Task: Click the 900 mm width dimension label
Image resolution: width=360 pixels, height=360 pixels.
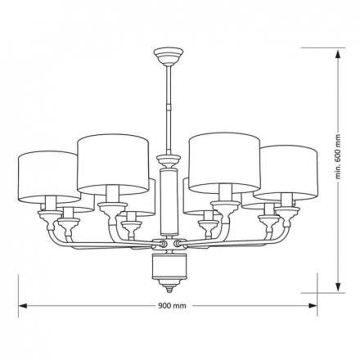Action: point(172,306)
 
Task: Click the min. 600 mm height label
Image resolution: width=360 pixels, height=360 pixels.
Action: point(339,156)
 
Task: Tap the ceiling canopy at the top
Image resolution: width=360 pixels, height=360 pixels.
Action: point(169,56)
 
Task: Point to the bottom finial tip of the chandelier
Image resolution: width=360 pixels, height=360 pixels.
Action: point(169,291)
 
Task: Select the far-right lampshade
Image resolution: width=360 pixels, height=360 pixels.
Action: point(286,171)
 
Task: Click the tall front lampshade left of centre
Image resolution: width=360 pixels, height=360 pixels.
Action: point(113,164)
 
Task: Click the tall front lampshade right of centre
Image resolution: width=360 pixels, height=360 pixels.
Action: point(224,163)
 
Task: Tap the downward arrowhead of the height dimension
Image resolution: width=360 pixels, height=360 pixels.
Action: point(338,286)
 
